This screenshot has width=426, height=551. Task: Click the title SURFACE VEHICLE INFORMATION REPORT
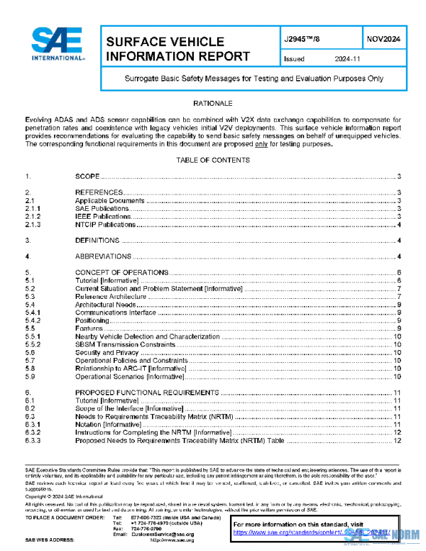pyautogui.click(x=177, y=49)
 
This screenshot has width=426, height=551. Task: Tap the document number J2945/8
pyautogui.click(x=305, y=40)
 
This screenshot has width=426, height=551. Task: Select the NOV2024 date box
pyautogui.click(x=384, y=40)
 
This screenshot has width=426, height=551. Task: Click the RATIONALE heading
pyautogui.click(x=213, y=103)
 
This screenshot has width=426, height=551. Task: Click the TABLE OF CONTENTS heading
pyautogui.click(x=213, y=160)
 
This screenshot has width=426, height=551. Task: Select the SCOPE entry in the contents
pyautogui.click(x=87, y=175)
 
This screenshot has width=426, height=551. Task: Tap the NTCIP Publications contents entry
pyautogui.click(x=105, y=224)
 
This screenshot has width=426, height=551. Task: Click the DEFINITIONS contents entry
pyautogui.click(x=97, y=241)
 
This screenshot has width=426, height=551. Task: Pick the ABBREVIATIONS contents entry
pyautogui.click(x=102, y=256)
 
